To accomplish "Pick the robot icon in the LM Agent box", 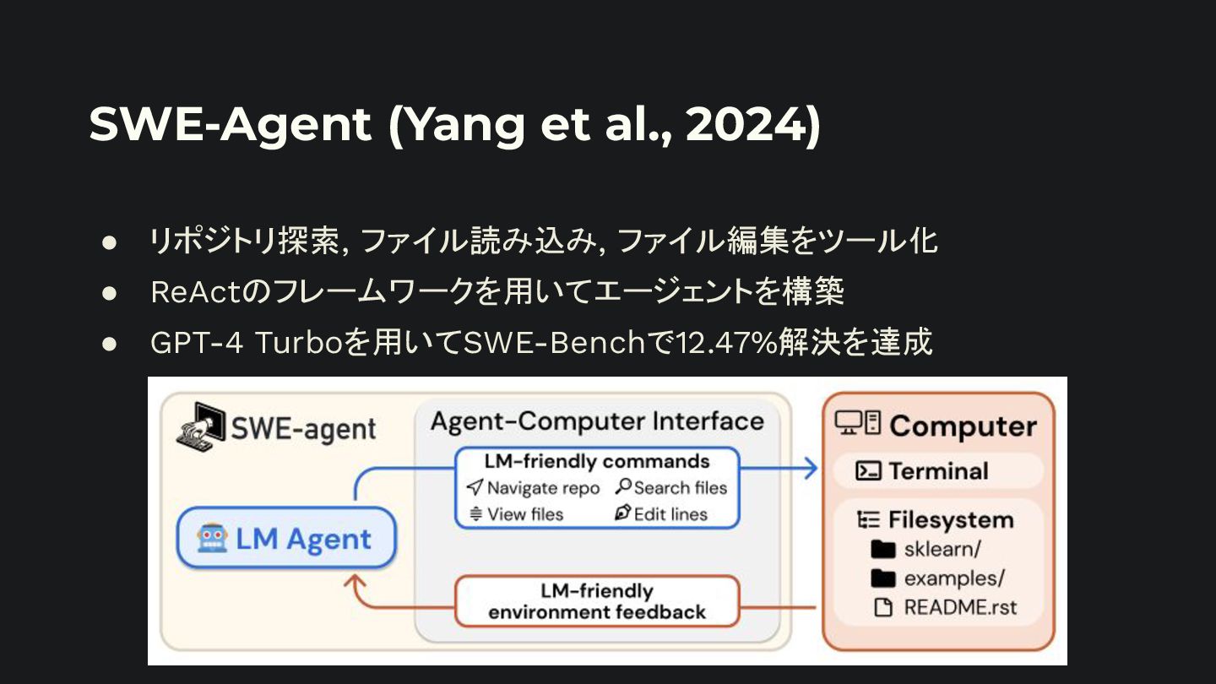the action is click(212, 538).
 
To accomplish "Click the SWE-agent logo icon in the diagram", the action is click(200, 426).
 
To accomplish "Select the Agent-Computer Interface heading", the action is click(597, 421).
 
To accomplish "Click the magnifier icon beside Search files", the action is click(623, 487).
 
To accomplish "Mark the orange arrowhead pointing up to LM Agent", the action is click(356, 580).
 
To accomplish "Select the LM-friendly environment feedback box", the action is click(596, 601).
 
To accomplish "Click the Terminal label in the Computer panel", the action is click(938, 470).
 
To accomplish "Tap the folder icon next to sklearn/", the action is click(882, 550).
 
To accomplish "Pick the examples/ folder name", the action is click(954, 578).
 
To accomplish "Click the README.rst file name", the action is click(960, 607).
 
